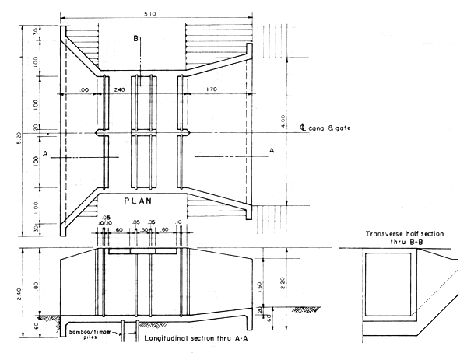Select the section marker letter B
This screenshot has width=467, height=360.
pyautogui.click(x=136, y=38)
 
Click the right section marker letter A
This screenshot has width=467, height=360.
pyautogui.click(x=271, y=149)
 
